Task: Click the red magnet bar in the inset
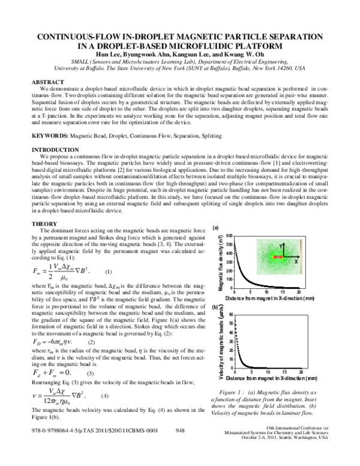pyautogui.click(x=279, y=257)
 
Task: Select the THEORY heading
pyautogui.click(x=43, y=223)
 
